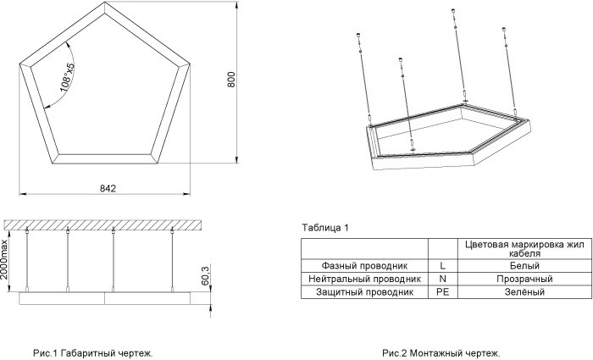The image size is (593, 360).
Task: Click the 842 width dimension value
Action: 107,187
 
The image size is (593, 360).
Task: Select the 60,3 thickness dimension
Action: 205,276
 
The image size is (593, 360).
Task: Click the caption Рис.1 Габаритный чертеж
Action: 93,352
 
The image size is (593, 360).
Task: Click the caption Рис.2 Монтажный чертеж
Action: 441,352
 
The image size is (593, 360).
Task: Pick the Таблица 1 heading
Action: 325,228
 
